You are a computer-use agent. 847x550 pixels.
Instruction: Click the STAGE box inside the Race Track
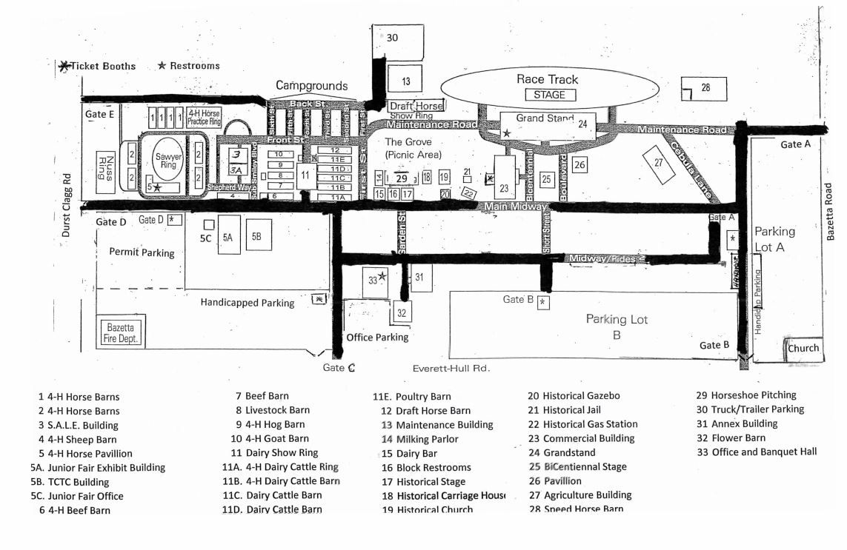click(x=549, y=95)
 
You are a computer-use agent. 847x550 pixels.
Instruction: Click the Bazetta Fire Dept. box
click(x=122, y=332)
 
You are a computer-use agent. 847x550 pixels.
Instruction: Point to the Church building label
click(x=803, y=348)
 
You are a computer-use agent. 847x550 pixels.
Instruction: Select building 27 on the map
click(x=659, y=164)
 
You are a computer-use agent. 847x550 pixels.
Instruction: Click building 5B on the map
click(x=257, y=235)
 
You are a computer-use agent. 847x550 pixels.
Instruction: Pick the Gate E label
click(x=100, y=114)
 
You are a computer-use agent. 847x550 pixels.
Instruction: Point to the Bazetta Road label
click(x=831, y=212)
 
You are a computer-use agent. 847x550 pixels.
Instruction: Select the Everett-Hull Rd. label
click(x=452, y=368)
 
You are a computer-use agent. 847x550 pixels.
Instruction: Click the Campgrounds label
click(x=311, y=85)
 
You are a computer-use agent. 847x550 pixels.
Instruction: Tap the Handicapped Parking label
click(x=248, y=302)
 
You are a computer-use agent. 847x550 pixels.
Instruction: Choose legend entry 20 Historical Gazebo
click(x=574, y=396)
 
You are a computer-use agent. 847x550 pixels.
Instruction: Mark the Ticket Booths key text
click(x=103, y=66)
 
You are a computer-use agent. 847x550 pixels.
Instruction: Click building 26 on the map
click(x=579, y=164)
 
